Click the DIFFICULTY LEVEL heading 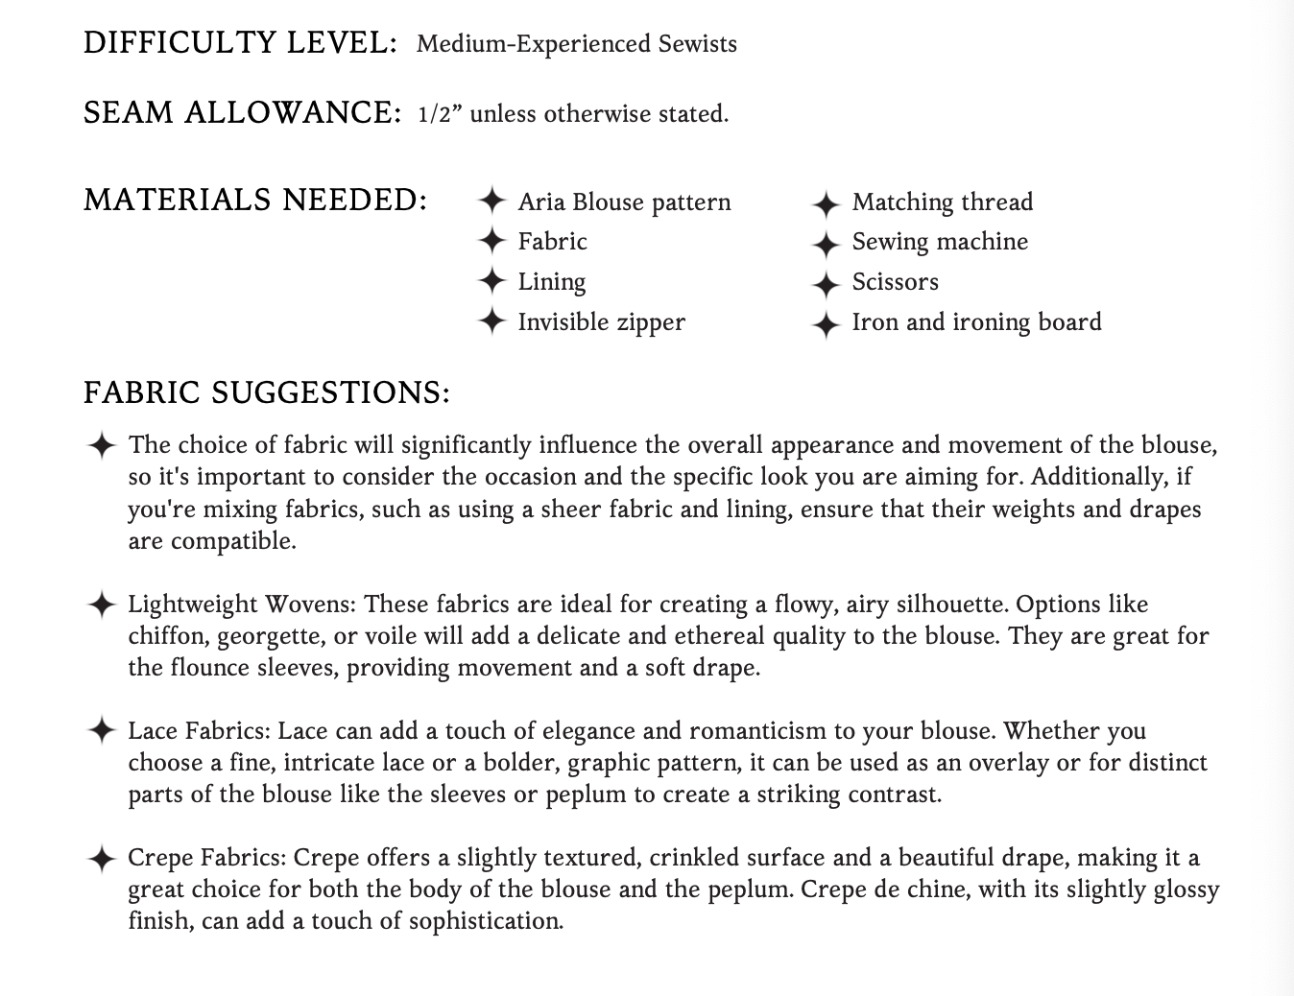(x=240, y=43)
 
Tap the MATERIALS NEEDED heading (x=255, y=200)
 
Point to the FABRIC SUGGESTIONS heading (x=267, y=392)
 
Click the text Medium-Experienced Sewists (x=576, y=44)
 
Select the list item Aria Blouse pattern (x=624, y=202)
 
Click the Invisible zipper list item (x=601, y=321)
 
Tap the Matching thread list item (x=942, y=202)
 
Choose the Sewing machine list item (x=940, y=242)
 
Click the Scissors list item (x=895, y=282)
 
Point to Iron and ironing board (x=976, y=322)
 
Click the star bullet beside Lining (x=491, y=281)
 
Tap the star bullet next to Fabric (x=491, y=240)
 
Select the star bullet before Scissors (x=826, y=285)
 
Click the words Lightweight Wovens (x=242, y=605)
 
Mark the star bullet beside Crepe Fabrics (x=101, y=859)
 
